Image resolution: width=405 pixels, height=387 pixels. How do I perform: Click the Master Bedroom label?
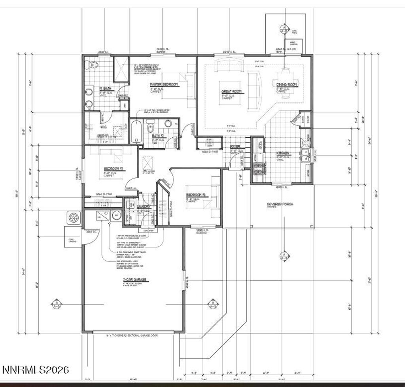pos(164,84)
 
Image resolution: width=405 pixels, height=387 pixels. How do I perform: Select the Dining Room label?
pos(287,85)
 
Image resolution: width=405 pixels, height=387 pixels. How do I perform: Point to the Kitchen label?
pos(283,153)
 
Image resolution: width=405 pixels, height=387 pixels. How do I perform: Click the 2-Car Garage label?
pos(134,279)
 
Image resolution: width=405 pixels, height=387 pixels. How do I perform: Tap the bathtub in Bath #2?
pos(136,132)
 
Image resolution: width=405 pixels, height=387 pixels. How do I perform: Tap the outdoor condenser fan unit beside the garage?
pos(74,217)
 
